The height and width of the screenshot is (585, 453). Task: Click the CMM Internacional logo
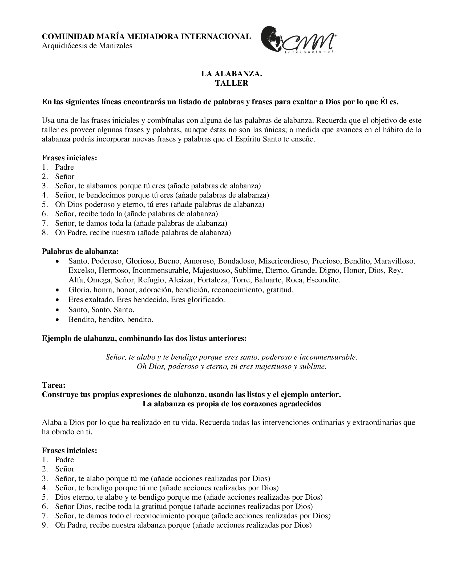[x=298, y=40]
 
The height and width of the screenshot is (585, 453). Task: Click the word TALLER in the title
[x=232, y=83]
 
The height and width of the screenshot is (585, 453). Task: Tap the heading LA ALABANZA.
[x=232, y=74]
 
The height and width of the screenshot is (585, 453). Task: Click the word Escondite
[x=323, y=280]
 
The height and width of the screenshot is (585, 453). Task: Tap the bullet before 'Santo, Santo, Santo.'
[x=57, y=310]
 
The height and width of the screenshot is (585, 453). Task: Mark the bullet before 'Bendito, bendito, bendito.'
[x=57, y=320]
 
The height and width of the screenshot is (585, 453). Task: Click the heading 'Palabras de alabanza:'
[x=80, y=251]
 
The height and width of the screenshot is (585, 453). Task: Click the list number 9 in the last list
[x=45, y=525]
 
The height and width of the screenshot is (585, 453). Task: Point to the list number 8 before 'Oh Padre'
[x=45, y=232]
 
